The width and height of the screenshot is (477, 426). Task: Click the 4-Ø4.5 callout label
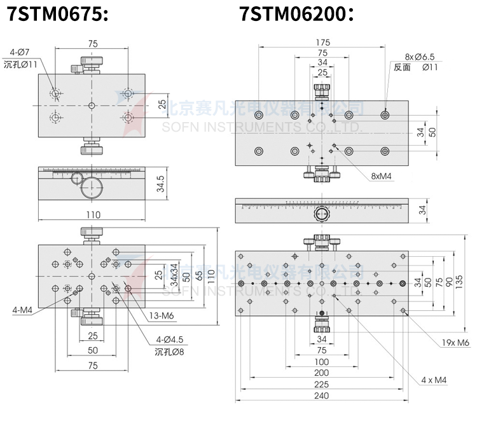[169, 339]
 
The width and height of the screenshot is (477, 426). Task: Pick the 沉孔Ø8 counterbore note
[169, 350]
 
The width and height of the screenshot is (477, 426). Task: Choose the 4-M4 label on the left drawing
[23, 311]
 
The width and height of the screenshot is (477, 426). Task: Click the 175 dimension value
[322, 43]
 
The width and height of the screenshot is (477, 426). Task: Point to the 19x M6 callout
[455, 343]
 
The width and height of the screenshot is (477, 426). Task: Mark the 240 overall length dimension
[322, 395]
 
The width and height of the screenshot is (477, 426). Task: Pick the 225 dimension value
[322, 384]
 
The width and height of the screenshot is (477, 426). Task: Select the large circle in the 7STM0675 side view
[92, 188]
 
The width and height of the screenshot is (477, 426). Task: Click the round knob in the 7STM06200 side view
[322, 216]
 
